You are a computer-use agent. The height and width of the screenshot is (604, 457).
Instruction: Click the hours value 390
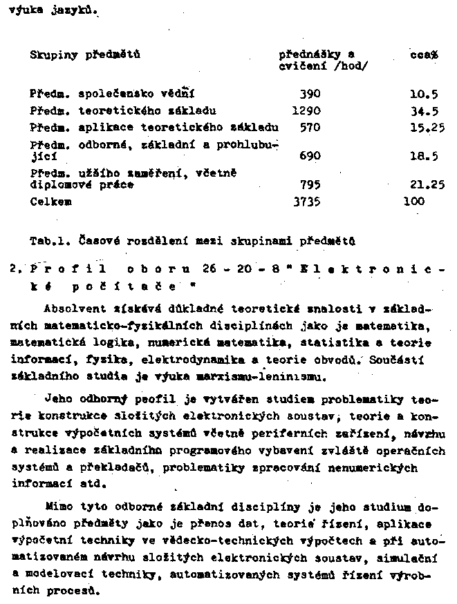click(310, 93)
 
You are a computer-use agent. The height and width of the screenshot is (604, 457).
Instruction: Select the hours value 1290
click(307, 110)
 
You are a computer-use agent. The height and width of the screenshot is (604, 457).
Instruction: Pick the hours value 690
click(310, 156)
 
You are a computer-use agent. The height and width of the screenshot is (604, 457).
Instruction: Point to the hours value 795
click(310, 185)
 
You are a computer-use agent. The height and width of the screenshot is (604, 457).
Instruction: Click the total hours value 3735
click(307, 202)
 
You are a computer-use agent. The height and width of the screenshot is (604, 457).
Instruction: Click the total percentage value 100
click(414, 202)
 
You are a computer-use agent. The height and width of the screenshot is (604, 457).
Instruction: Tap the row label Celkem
click(50, 202)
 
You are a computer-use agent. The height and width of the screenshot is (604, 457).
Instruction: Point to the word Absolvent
click(71, 307)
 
